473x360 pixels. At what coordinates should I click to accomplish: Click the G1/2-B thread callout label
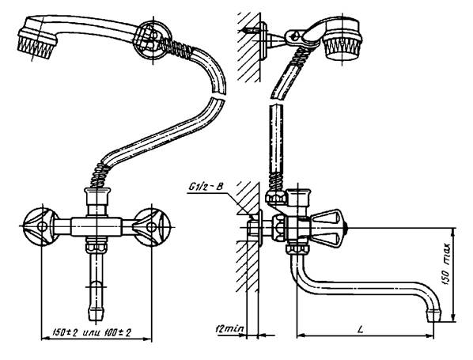[x=206, y=187]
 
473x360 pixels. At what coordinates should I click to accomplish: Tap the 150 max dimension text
[x=446, y=264]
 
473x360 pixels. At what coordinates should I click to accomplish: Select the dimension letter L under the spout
[x=361, y=329]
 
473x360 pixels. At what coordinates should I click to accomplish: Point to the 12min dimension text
[x=229, y=328]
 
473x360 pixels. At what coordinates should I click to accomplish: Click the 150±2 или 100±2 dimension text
[x=92, y=333]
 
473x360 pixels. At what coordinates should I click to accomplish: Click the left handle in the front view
[x=40, y=226]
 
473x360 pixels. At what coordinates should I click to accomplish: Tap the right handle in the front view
[x=150, y=227]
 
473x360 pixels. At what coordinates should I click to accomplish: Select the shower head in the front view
[x=38, y=37]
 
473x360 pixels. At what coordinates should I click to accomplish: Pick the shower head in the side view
[x=342, y=40]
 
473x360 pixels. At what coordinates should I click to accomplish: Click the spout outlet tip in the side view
[x=434, y=316]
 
